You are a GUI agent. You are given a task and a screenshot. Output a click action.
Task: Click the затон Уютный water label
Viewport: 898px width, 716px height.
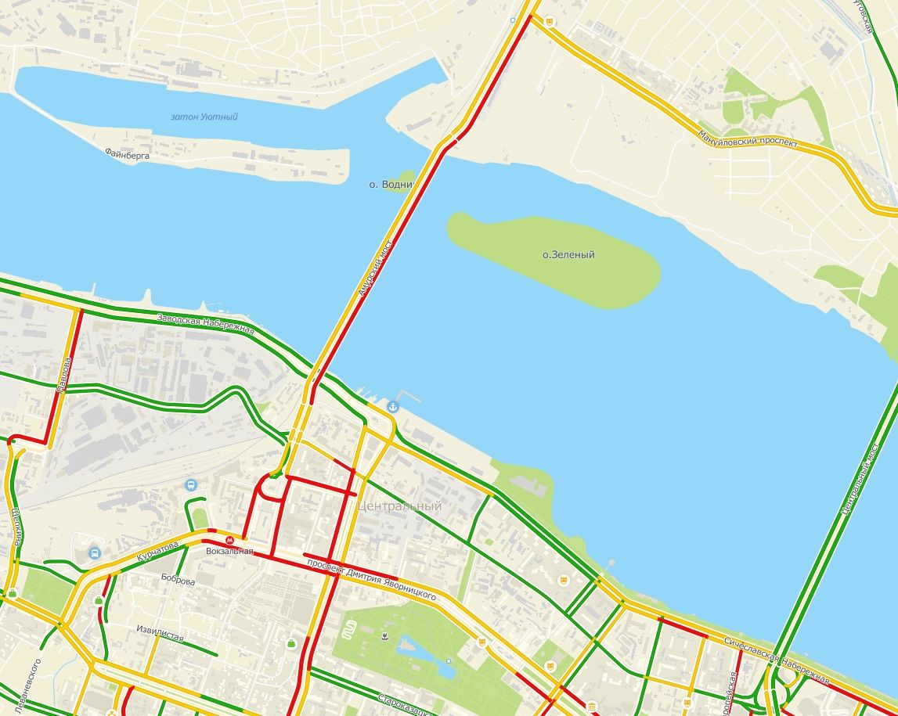[x=204, y=117]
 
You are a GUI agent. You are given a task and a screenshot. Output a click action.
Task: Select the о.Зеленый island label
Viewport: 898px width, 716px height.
[x=568, y=255]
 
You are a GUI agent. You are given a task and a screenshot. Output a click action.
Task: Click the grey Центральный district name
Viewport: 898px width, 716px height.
[x=399, y=506]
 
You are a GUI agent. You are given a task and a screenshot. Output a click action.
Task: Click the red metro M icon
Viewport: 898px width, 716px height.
[x=230, y=540]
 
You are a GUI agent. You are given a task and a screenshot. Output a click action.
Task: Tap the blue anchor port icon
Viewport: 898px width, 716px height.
[x=392, y=406]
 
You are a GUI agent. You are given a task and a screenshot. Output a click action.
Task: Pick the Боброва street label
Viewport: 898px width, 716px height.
[x=178, y=580]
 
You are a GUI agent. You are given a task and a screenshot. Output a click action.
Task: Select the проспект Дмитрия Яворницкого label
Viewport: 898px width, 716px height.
[x=371, y=579]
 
